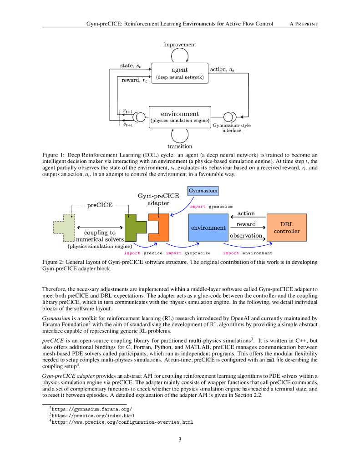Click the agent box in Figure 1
[x=180, y=73]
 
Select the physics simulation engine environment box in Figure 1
[x=180, y=117]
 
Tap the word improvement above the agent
[x=180, y=45]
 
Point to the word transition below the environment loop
[x=180, y=147]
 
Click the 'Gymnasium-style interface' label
[x=232, y=128]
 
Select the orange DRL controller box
[x=286, y=228]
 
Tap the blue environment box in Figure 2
[x=208, y=228]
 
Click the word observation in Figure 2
[x=246, y=236]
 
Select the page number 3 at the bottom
[x=180, y=439]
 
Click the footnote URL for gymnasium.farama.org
[x=92, y=409]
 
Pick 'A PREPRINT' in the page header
[x=303, y=24]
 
